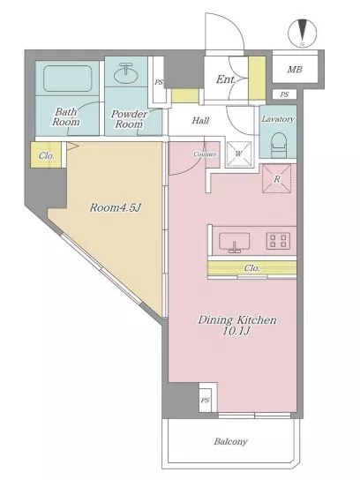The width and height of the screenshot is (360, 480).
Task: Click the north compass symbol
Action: coord(302,33)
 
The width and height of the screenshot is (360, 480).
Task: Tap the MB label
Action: coord(295,70)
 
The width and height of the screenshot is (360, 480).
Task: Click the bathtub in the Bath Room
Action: coord(68,78)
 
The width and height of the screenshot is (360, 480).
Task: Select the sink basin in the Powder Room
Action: coord(126,73)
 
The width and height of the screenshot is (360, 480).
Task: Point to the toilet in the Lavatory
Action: coord(279,145)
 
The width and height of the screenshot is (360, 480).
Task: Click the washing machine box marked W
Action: coord(238,154)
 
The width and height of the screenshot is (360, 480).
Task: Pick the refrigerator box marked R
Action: coord(276,179)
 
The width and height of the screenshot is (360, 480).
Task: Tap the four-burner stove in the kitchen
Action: coord(278,240)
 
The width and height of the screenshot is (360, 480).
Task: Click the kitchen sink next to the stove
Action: coord(234,242)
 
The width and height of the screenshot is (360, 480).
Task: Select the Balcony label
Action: coord(230,441)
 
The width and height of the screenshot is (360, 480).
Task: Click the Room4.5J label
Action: coord(116,208)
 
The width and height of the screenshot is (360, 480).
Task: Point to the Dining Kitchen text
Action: coord(237,320)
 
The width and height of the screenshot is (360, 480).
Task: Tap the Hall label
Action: coord(201,120)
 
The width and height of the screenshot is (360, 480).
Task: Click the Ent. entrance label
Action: coord(226,79)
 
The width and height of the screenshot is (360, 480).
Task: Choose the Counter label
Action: coord(205,154)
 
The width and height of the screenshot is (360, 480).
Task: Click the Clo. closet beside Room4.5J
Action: coord(47,155)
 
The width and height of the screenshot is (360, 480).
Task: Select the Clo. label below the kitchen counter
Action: coord(252,268)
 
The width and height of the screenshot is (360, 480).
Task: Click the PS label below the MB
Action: coord(284,94)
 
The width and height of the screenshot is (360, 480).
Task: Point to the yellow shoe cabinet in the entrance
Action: coord(257,78)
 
